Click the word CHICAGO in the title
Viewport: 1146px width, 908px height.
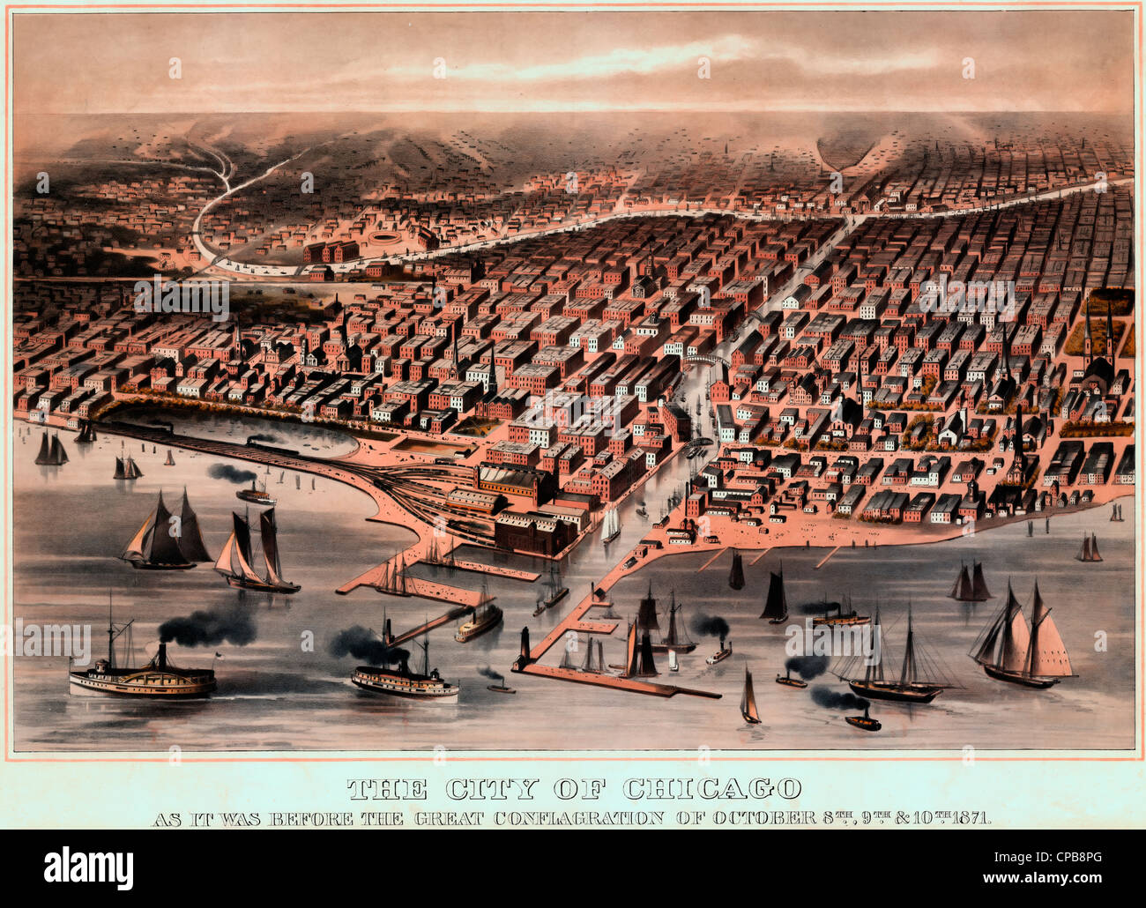tap(711, 788)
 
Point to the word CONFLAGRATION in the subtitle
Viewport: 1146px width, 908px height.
tap(579, 817)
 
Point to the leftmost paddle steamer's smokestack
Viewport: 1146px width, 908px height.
tap(161, 657)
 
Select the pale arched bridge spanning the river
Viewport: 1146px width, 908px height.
tap(705, 360)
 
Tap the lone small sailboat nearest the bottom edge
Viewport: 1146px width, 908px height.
tap(749, 698)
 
